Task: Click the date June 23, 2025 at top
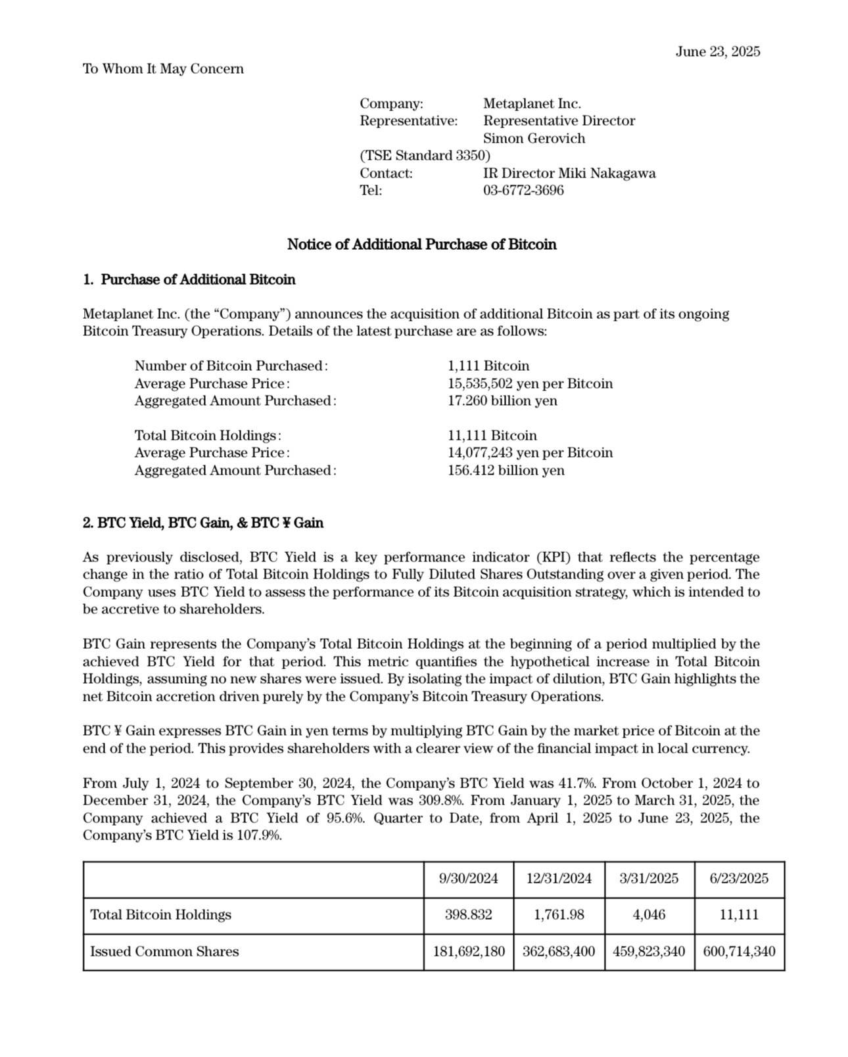[717, 52]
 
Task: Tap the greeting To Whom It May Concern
[163, 69]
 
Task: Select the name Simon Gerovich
[534, 139]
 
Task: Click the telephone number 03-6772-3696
[523, 191]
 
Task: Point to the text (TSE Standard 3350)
[425, 156]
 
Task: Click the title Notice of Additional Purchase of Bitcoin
[421, 245]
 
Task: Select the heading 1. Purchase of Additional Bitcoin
[189, 280]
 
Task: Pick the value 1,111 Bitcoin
[488, 366]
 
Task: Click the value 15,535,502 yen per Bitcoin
[530, 384]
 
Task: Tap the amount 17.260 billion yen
[502, 401]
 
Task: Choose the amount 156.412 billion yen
[506, 471]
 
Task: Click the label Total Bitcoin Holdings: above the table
[208, 436]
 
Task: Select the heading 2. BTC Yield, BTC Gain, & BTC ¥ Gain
[203, 523]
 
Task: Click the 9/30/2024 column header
[469, 879]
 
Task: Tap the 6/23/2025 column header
[739, 879]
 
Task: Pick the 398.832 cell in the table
[469, 915]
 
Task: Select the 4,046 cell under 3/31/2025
[649, 915]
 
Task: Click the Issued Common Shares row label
[164, 952]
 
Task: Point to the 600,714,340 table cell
[739, 952]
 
